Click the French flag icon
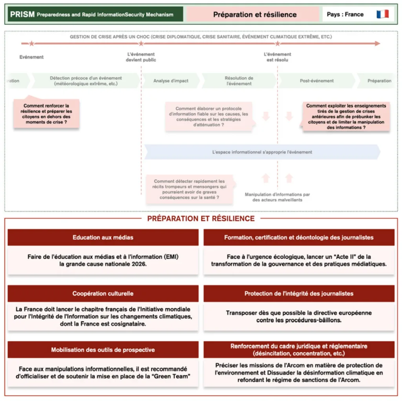(x=382, y=15)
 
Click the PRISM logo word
(x=22, y=15)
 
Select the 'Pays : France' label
(x=345, y=15)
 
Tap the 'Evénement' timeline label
(x=31, y=57)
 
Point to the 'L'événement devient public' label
(x=141, y=57)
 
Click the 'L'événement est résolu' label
(x=278, y=57)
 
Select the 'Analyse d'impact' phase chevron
(x=171, y=81)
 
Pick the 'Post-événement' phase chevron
(x=317, y=81)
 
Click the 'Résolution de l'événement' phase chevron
(x=239, y=81)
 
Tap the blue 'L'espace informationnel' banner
(x=262, y=152)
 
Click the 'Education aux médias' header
(x=103, y=238)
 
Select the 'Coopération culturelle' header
(x=103, y=294)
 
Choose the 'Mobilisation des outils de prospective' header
(x=103, y=350)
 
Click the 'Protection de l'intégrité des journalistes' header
(x=299, y=294)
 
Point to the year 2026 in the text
(x=139, y=264)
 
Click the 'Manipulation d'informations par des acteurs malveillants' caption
(x=277, y=197)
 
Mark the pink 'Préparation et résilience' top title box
(x=255, y=15)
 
